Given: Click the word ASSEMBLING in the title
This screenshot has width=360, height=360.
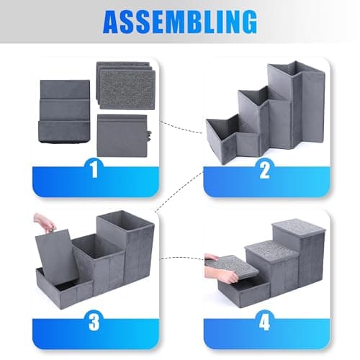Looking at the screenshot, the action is [x=180, y=22].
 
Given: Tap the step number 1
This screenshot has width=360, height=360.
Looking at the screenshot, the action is [x=95, y=169].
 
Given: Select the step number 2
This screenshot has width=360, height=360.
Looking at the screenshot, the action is [x=264, y=169].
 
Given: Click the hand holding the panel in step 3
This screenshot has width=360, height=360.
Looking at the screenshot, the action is [x=45, y=222].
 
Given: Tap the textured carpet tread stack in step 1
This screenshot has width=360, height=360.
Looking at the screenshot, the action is [x=126, y=86].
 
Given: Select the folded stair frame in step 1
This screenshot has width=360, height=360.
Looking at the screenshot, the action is [x=64, y=112].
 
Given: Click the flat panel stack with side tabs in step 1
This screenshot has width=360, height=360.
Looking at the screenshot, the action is [x=122, y=135].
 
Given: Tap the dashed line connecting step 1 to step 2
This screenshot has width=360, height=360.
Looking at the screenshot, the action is [x=181, y=127].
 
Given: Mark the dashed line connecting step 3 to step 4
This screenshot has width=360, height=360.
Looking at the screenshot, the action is [x=183, y=258].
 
